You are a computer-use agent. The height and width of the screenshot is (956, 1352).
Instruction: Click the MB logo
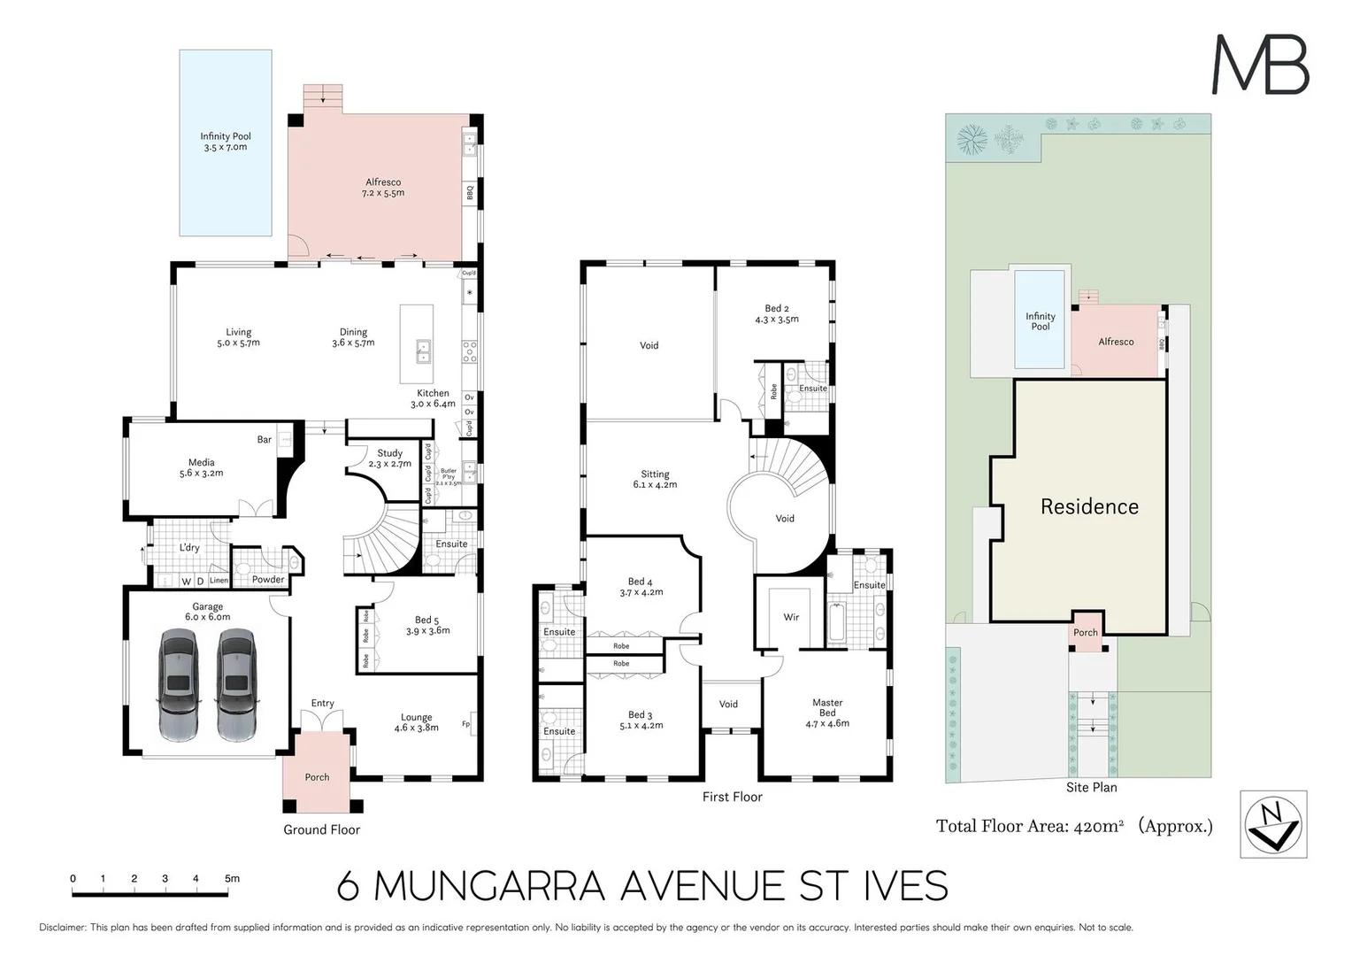click(x=1260, y=65)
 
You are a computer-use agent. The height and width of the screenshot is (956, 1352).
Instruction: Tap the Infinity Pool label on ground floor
click(x=226, y=142)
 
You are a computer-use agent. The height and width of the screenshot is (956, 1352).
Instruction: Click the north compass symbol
click(x=1273, y=824)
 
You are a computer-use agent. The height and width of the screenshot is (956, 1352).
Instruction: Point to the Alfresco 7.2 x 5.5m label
click(x=382, y=188)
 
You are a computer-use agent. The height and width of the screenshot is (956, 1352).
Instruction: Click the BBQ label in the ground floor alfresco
click(x=470, y=191)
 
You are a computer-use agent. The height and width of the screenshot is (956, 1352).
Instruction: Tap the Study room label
click(x=390, y=458)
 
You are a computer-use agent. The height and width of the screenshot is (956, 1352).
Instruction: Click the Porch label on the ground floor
click(x=317, y=777)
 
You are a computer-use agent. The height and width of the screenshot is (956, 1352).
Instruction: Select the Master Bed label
click(x=827, y=713)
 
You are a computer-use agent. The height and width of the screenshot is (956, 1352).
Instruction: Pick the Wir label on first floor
click(x=791, y=617)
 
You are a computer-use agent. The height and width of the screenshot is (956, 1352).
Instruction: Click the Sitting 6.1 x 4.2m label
click(x=655, y=479)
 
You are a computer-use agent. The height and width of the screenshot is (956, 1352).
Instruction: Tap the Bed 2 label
click(x=776, y=314)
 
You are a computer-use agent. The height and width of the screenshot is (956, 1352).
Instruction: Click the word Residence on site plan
click(x=1089, y=506)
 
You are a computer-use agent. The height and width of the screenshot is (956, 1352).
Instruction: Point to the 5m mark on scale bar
click(x=232, y=879)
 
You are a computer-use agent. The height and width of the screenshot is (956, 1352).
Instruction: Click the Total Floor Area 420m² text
click(x=1073, y=827)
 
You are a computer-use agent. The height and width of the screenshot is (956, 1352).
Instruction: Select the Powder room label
click(x=268, y=580)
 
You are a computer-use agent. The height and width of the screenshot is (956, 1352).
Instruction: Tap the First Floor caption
click(x=732, y=797)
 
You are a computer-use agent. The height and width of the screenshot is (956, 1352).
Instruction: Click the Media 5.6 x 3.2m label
click(x=201, y=467)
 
